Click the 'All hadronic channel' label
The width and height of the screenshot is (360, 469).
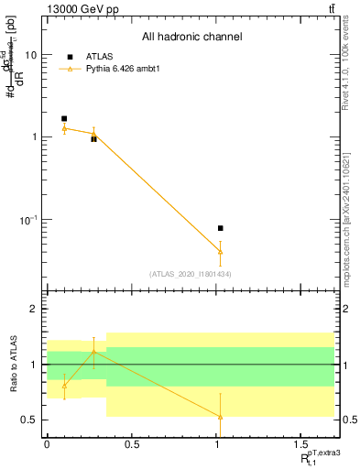tap(191, 38)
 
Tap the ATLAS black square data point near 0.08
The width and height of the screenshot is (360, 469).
tap(221, 228)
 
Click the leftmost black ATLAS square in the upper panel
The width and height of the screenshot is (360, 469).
tap(64, 119)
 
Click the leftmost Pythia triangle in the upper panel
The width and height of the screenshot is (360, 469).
tap(64, 128)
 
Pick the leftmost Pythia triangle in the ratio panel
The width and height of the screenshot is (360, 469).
tap(64, 385)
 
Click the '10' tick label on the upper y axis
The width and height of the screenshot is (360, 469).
tap(30, 55)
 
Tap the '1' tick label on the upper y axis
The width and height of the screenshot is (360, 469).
tap(34, 137)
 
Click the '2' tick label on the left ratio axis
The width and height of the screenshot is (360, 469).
tap(34, 309)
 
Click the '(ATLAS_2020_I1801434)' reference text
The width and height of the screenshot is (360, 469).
tap(191, 274)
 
